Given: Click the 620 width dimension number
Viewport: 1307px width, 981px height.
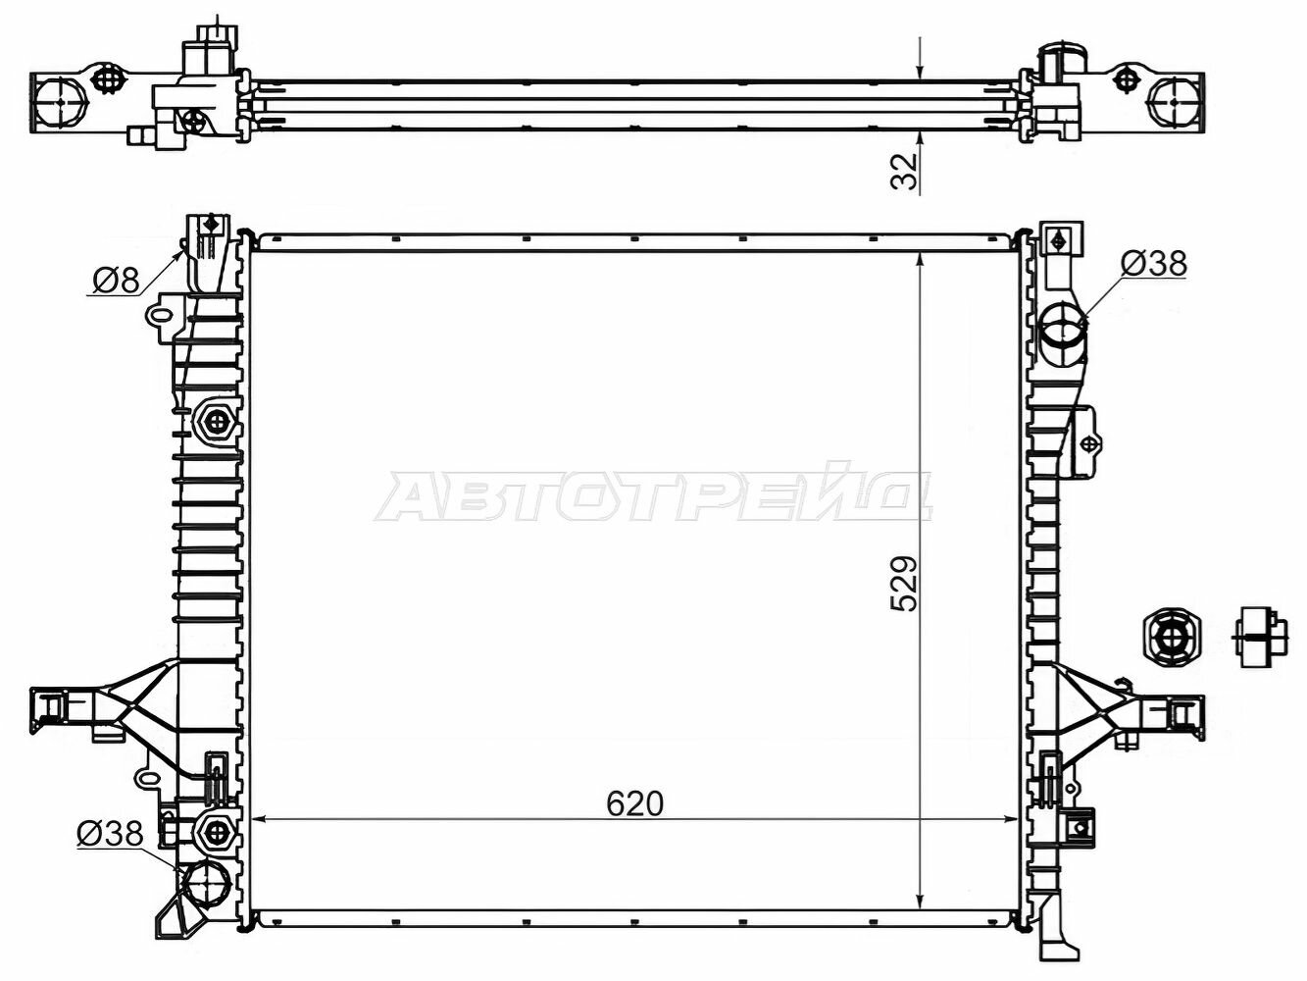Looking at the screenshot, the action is pyautogui.click(x=634, y=804).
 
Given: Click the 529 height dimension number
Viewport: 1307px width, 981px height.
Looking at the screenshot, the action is pyautogui.click(x=904, y=584).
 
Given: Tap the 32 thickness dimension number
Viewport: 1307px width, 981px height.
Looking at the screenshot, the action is pyautogui.click(x=904, y=172).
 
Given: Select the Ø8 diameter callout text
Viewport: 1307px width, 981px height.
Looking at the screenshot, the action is pyautogui.click(x=116, y=280).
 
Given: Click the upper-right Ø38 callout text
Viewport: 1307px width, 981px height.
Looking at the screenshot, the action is pyautogui.click(x=1153, y=263).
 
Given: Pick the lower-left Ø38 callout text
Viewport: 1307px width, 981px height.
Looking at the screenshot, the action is pyautogui.click(x=110, y=834).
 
